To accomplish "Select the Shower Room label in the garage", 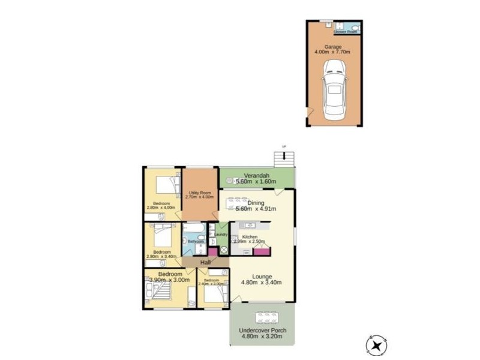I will pyautogui.click(x=346, y=31).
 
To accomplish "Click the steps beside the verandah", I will pyautogui.click(x=284, y=158).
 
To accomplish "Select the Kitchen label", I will pyautogui.click(x=250, y=237).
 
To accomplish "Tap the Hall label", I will pyautogui.click(x=205, y=263).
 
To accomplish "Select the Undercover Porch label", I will pyautogui.click(x=262, y=331).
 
